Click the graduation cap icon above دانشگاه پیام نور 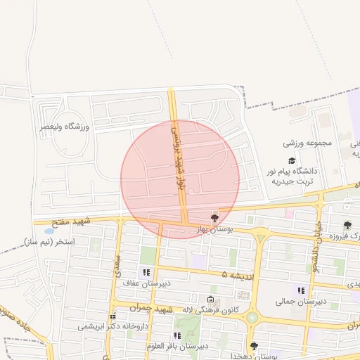[292, 161]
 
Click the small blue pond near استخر [49, 231]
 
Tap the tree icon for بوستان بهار [214, 218]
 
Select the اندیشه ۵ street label [236, 274]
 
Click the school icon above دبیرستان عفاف [146, 272]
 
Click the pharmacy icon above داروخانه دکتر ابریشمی [112, 316]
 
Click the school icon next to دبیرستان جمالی [302, 290]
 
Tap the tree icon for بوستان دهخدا [254, 345]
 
